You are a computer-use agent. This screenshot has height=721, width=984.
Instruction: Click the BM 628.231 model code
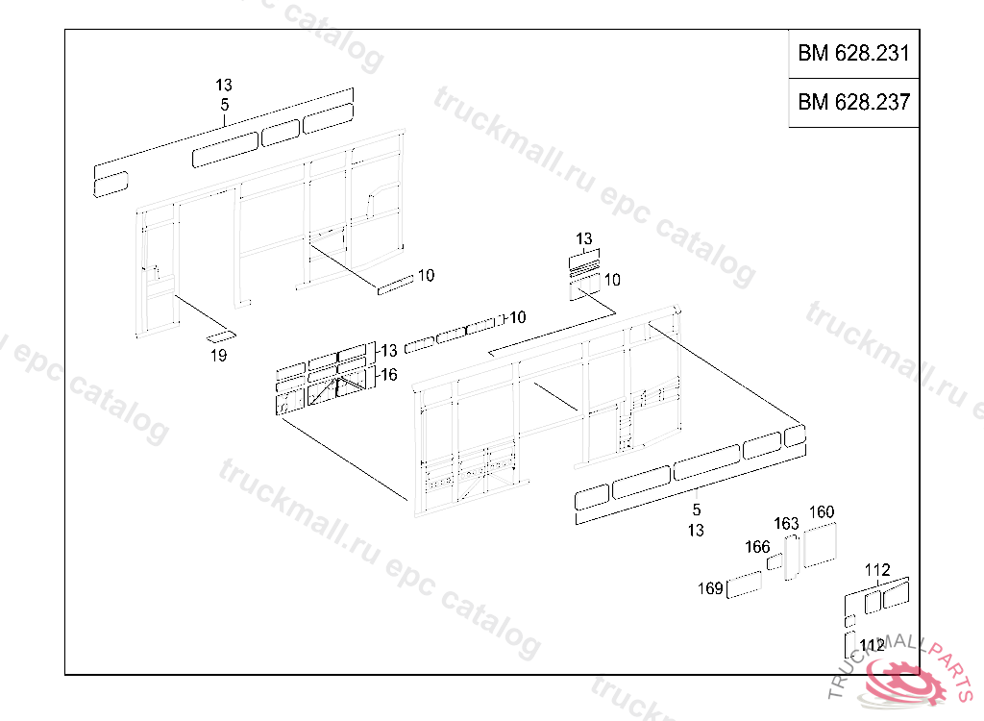coord(853,54)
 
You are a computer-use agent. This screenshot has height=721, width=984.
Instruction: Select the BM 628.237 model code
coord(853,102)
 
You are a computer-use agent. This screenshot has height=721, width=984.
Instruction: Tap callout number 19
coord(218,356)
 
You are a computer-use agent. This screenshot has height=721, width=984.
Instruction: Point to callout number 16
coord(389,375)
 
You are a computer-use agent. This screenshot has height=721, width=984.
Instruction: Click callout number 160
coord(822,511)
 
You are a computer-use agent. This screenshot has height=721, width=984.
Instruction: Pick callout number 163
coord(786,523)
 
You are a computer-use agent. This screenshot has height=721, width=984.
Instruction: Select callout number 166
coord(757,546)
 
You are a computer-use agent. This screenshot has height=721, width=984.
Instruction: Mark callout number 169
coord(710,587)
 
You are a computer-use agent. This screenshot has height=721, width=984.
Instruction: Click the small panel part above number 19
coord(221,336)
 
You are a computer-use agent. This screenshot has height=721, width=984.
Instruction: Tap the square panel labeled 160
coord(820,544)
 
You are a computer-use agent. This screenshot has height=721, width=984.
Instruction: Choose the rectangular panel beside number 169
coord(744,584)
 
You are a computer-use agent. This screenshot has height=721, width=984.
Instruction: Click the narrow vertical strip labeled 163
coord(791,557)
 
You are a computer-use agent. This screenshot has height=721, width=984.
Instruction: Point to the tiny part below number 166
coord(775,561)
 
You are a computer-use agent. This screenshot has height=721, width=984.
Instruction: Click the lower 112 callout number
coord(873,646)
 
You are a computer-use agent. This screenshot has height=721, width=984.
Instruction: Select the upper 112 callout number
coord(877,570)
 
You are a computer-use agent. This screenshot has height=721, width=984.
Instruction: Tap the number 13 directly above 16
coord(389,351)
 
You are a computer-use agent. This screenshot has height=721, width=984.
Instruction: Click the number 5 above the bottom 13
coord(697,510)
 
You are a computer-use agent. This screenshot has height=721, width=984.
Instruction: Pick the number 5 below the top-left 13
coord(225,105)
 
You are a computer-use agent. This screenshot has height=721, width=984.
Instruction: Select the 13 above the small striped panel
coord(584,238)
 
